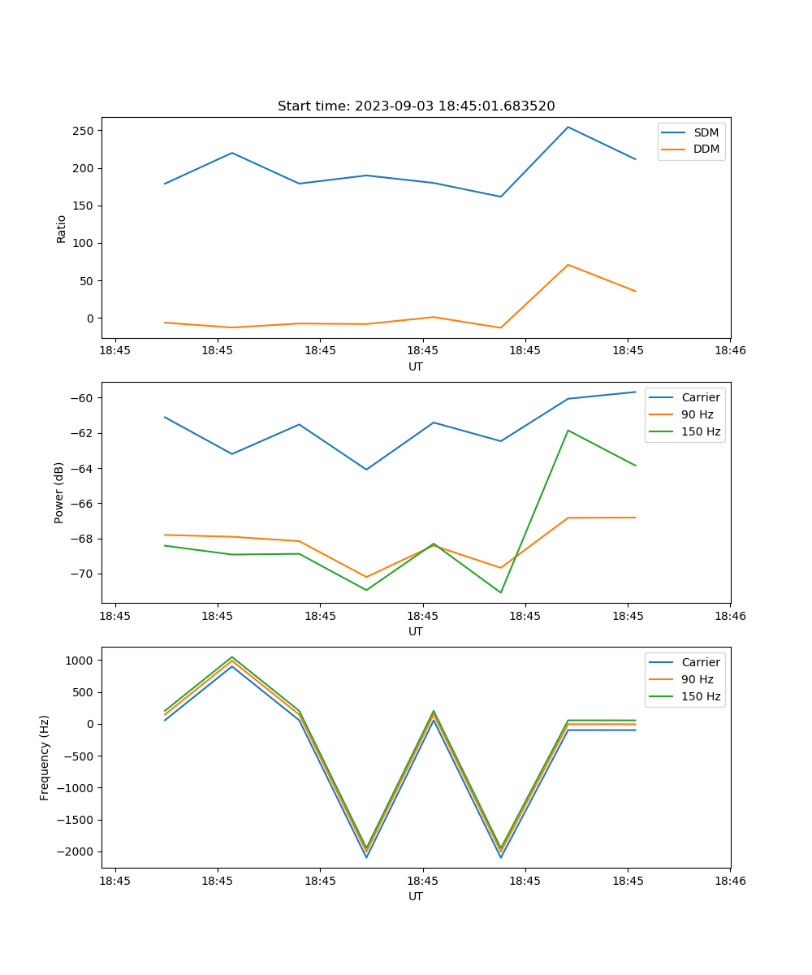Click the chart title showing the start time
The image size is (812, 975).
(416, 106)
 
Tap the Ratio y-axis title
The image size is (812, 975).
(62, 228)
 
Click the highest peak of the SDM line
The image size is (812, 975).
(568, 127)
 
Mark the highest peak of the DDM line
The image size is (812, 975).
(568, 265)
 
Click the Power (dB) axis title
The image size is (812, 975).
(59, 492)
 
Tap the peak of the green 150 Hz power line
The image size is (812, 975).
(568, 431)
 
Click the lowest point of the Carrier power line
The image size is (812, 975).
(366, 470)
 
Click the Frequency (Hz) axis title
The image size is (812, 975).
(45, 757)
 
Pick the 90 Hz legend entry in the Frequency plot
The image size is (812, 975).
(698, 679)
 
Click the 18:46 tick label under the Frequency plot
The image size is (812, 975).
(729, 881)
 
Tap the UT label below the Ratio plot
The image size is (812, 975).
(416, 366)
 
